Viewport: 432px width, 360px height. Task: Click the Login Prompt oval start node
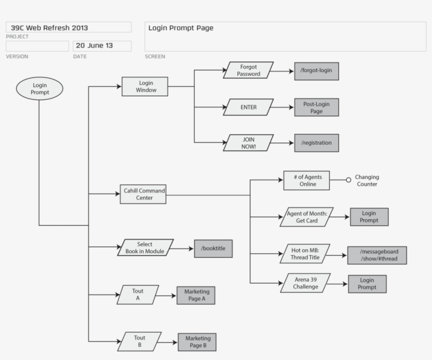click(40, 88)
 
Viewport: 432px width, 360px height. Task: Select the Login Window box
click(145, 86)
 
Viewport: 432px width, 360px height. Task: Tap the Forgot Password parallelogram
click(248, 71)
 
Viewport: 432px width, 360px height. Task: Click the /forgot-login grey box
click(316, 71)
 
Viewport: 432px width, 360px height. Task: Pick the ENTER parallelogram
click(248, 107)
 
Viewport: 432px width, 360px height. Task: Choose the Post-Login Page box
click(316, 107)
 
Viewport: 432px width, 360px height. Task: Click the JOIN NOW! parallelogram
click(248, 143)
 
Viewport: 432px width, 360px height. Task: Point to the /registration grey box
click(316, 143)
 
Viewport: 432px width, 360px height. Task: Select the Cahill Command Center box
click(143, 194)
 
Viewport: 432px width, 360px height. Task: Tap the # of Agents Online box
click(306, 180)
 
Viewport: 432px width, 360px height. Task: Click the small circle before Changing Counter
click(348, 180)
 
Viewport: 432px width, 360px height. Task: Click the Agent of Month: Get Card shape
click(307, 217)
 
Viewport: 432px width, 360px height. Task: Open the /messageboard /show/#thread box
click(377, 255)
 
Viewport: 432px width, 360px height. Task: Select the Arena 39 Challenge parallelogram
click(306, 283)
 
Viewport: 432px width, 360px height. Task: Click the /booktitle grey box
click(213, 248)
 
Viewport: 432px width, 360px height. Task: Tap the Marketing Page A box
click(196, 295)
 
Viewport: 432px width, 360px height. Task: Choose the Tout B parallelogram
click(139, 342)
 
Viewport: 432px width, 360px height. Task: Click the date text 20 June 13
click(95, 46)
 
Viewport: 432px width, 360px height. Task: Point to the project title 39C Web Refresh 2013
click(50, 28)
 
